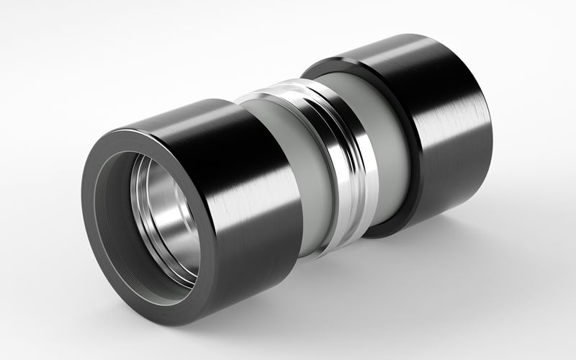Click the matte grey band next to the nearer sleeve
288,180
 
